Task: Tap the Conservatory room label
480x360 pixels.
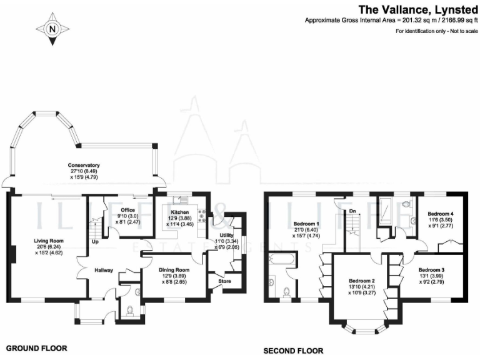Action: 84,165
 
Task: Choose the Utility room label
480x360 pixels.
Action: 226,234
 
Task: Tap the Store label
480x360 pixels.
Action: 224,281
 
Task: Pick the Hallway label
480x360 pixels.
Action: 103,270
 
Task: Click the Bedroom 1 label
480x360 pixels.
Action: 307,224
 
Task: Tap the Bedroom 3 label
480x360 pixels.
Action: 431,270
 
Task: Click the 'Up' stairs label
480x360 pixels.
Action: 95,241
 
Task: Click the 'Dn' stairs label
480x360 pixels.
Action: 352,211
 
